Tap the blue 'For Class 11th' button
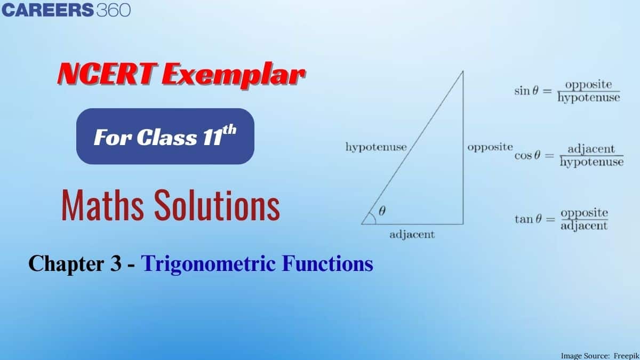tap(165, 137)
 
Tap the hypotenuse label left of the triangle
tap(375, 147)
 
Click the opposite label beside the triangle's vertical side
tap(490, 147)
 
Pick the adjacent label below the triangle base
tap(412, 234)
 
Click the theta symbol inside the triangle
tap(381, 211)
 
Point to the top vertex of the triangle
tap(462, 71)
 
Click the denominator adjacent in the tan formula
tap(584, 226)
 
